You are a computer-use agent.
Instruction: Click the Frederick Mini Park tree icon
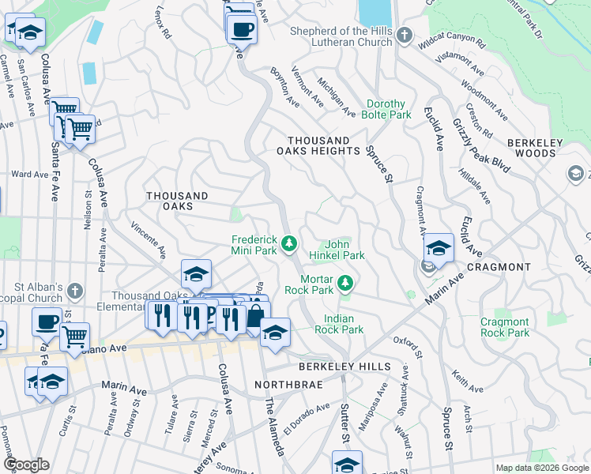tap(289, 242)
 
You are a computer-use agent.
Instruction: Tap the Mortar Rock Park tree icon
tap(344, 282)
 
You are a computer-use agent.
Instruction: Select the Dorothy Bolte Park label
tap(387, 109)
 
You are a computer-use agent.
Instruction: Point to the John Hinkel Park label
tap(344, 250)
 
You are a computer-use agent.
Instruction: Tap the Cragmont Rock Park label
tap(505, 327)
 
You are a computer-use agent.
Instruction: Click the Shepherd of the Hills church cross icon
tap(404, 36)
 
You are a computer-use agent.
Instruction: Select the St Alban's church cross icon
tap(74, 291)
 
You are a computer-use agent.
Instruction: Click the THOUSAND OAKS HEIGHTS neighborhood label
tap(318, 145)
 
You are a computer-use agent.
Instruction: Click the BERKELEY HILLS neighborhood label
tap(344, 367)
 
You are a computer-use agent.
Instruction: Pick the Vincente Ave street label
tap(149, 240)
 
